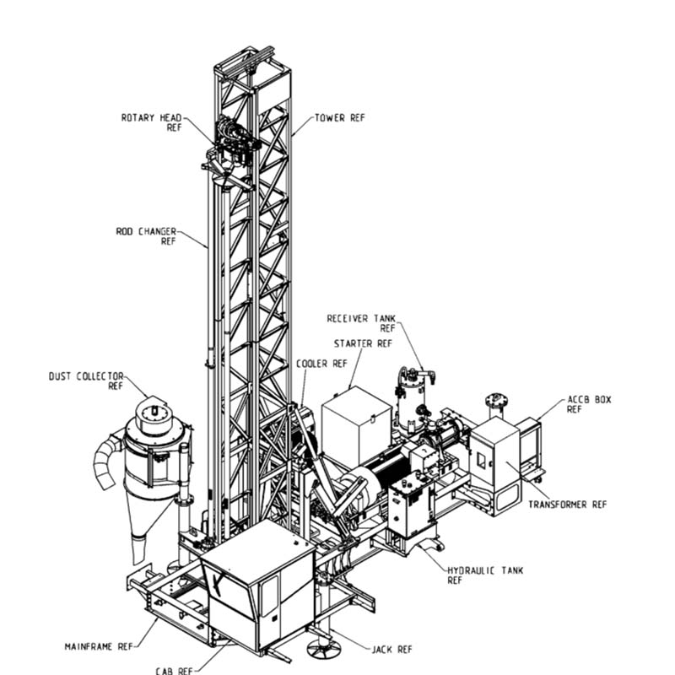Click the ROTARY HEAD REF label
point(151,122)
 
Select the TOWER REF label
point(340,117)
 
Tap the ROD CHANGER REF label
point(145,235)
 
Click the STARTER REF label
point(363,344)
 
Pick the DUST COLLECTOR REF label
point(86,381)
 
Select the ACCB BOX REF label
point(588,404)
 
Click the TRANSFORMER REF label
point(567,505)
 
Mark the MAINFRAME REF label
point(100,647)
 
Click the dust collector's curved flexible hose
point(109,462)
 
